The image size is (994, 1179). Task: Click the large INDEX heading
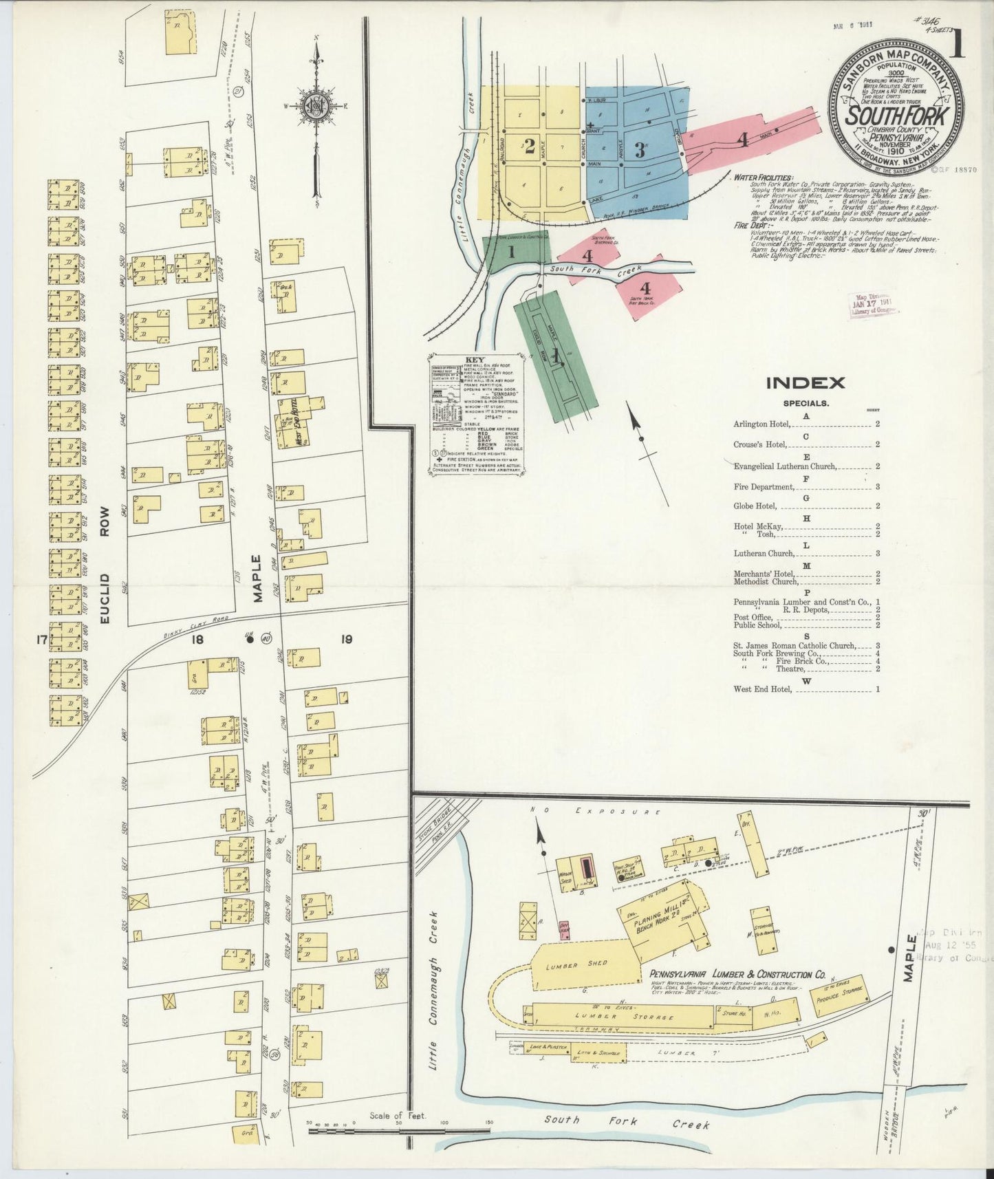point(805,383)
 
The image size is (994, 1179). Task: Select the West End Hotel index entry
point(764,689)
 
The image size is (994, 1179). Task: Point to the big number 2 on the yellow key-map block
point(529,146)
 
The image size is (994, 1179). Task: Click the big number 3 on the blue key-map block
point(639,149)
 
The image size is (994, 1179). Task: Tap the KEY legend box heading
point(475,359)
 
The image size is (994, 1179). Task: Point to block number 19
point(345,640)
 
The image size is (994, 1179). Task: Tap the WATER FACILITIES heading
point(763,177)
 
